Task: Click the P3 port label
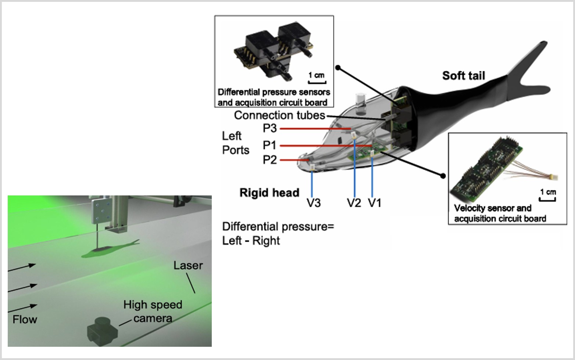tap(269, 128)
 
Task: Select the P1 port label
tap(269, 145)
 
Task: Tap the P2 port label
tap(269, 160)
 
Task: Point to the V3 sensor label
tap(314, 203)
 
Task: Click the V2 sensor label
tap(354, 203)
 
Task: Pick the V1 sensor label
tap(375, 203)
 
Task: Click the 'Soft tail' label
tap(464, 76)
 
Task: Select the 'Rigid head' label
tap(269, 192)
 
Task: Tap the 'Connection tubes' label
tap(279, 115)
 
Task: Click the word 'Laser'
tap(188, 265)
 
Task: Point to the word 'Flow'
tap(25, 320)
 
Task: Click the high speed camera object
tap(103, 332)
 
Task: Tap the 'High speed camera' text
tap(153, 311)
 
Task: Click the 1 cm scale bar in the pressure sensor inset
tap(317, 82)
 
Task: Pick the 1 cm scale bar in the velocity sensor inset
tap(547, 199)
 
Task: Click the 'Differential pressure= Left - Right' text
tap(278, 234)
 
